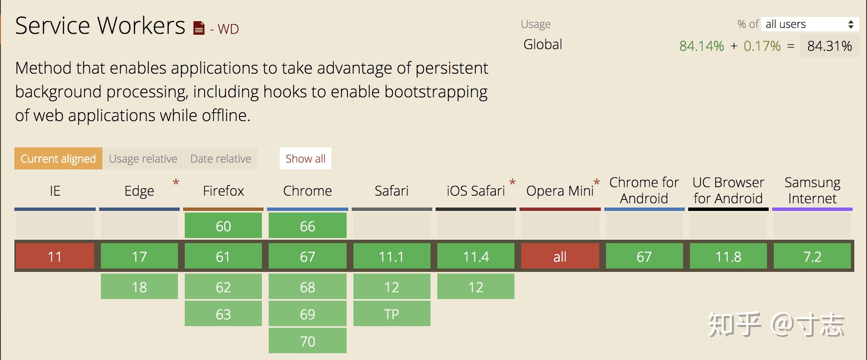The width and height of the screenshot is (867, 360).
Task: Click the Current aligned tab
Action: click(58, 158)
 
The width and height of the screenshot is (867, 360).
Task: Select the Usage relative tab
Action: click(143, 158)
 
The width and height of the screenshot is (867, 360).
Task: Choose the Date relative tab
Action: click(221, 158)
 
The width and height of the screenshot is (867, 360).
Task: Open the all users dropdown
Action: click(810, 24)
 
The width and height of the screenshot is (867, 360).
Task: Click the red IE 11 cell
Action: click(55, 256)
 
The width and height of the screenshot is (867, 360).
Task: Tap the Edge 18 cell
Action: click(139, 287)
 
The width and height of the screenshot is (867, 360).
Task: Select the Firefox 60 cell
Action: click(223, 226)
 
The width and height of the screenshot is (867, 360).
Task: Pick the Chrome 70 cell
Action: click(308, 341)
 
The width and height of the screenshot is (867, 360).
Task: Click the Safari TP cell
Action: click(392, 314)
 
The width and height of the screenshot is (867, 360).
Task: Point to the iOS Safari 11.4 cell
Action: click(476, 256)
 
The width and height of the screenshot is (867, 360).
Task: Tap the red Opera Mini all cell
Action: click(560, 256)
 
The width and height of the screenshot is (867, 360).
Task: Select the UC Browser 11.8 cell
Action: click(728, 256)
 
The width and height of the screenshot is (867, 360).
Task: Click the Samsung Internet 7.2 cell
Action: click(812, 256)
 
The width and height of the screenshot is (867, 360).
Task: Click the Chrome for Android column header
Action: click(644, 190)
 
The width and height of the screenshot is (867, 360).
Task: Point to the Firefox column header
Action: click(223, 191)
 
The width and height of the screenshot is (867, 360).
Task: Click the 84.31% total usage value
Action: click(830, 46)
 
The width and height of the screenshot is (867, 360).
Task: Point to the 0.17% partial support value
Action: click(762, 46)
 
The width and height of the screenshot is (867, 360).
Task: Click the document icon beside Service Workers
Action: click(199, 28)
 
